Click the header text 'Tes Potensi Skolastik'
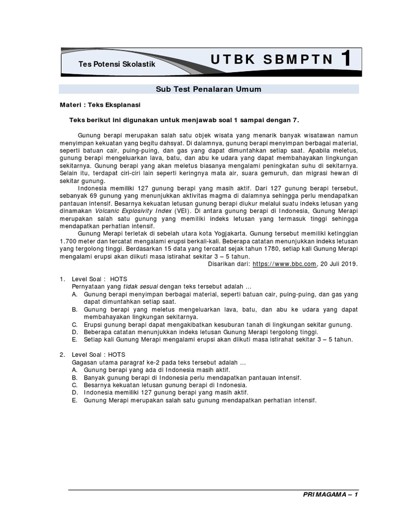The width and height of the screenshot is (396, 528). tap(116, 63)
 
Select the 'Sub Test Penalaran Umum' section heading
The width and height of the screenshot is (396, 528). tap(208, 89)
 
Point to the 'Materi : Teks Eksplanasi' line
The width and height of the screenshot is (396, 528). tap(97, 105)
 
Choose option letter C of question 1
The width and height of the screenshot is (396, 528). tap(75, 324)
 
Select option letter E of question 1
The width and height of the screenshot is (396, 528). tap(75, 339)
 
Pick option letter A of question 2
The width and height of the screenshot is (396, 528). tap(75, 370)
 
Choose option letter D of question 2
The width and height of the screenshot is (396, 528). tap(75, 392)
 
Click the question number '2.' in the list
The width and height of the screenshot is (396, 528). tap(62, 355)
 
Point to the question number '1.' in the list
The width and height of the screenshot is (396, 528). tap(62, 279)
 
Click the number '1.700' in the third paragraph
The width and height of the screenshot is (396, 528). tap(70, 241)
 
